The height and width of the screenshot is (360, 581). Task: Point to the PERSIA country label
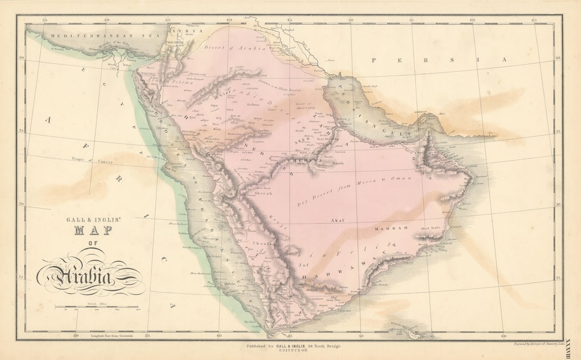coord(438,60)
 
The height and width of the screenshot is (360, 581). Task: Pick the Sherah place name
coord(264,193)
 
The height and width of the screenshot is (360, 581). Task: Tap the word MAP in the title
coord(92,230)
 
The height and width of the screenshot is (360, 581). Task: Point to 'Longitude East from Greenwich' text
coord(114,335)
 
